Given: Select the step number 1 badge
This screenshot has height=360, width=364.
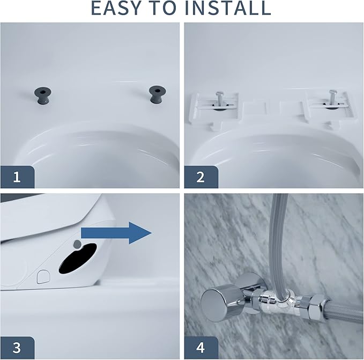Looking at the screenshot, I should pos(17,177).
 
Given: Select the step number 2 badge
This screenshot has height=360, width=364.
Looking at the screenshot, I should pos(200,177).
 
